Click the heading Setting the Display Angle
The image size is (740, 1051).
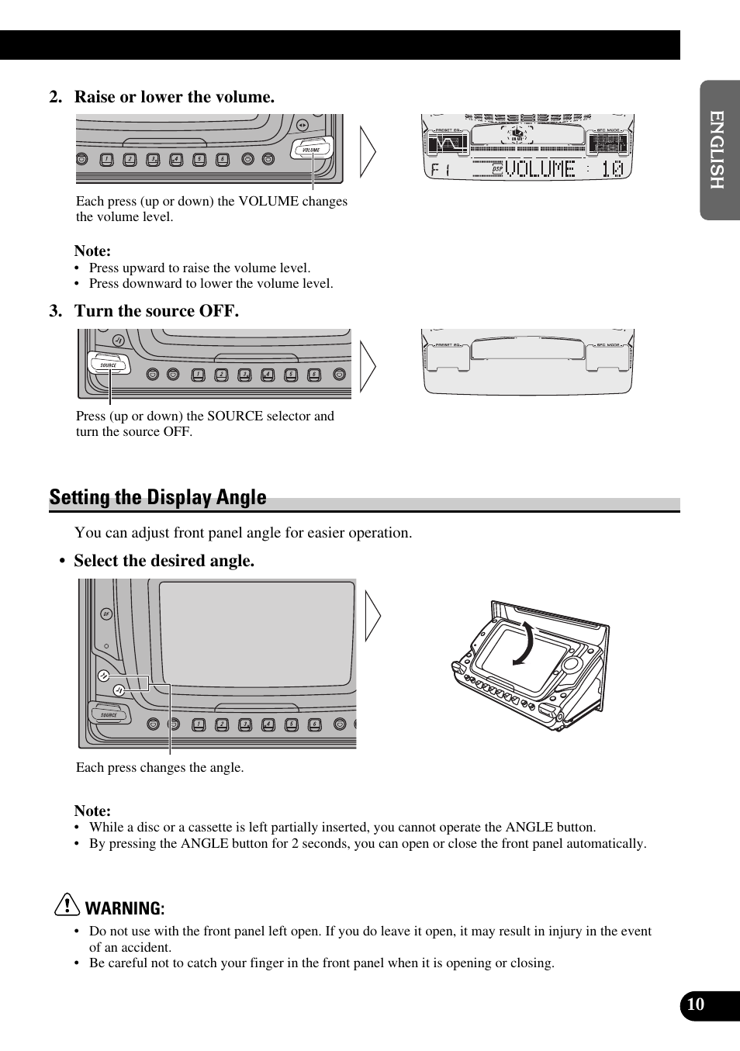coord(158,497)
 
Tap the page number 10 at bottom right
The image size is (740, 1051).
coord(696,1004)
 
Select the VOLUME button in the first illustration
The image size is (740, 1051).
coord(311,149)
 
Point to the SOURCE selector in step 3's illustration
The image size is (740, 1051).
coord(108,364)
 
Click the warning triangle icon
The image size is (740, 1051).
coord(67,905)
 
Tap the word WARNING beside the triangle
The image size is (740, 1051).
coord(124,908)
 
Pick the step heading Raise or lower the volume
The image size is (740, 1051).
coord(174,97)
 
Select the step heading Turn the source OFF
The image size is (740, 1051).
coord(156,311)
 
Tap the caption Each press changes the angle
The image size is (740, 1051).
coord(160,767)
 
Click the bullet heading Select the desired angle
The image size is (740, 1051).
coord(164,561)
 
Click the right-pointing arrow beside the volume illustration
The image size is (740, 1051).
coord(368,152)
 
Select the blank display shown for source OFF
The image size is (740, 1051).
coord(527,361)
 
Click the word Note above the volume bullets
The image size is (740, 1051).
coord(92,251)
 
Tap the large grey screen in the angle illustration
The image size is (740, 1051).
coord(256,633)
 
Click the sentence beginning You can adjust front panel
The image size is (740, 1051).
coord(243,533)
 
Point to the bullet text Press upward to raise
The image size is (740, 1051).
coord(199,268)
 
